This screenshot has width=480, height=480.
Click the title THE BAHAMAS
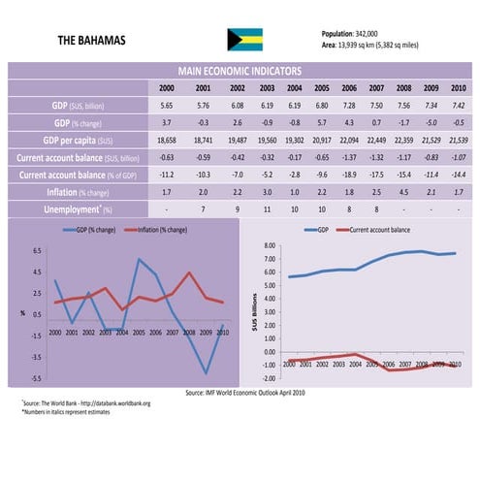coord(93,41)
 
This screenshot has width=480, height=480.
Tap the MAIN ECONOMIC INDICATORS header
coord(240,72)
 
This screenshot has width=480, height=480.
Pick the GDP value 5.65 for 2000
coord(167,105)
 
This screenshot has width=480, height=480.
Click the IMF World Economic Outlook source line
coord(244,392)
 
